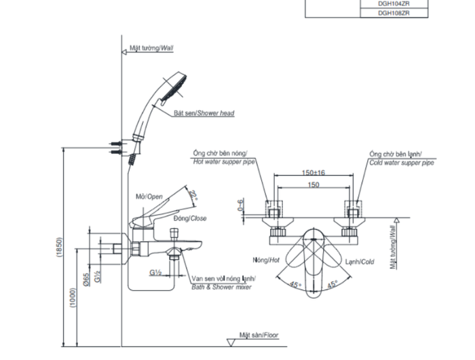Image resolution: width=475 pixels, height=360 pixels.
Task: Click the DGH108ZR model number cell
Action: point(394,13)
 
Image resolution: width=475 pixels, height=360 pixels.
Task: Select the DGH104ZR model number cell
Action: point(394,3)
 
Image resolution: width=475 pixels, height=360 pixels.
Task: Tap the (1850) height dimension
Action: point(60,247)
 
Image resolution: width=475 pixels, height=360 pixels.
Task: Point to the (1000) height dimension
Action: point(73,298)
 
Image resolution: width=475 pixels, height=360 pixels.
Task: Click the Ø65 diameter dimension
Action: point(86,279)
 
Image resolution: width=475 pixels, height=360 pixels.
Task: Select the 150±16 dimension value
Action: point(313,173)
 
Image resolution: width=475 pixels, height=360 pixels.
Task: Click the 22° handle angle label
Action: point(193,195)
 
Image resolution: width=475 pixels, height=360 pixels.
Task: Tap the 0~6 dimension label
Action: point(240,205)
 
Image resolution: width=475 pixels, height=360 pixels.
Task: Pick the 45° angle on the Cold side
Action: point(332,284)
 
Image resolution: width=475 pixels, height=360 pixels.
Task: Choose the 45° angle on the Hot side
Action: point(295,285)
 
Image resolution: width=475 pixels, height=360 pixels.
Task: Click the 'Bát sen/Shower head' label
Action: point(204,113)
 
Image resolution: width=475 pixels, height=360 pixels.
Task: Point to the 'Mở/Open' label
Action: point(149,196)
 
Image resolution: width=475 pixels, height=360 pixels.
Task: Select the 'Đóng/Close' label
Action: point(190,218)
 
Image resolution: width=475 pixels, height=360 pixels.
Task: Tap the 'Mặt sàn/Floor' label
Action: point(259,335)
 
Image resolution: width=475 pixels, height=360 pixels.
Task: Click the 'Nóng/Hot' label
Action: point(266,260)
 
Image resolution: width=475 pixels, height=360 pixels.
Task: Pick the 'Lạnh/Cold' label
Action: point(360,262)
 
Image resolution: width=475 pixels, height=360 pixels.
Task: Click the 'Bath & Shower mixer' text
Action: point(221,287)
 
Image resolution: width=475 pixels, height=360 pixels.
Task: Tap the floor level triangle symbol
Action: point(231,342)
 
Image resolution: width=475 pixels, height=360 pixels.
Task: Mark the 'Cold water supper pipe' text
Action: point(402,163)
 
